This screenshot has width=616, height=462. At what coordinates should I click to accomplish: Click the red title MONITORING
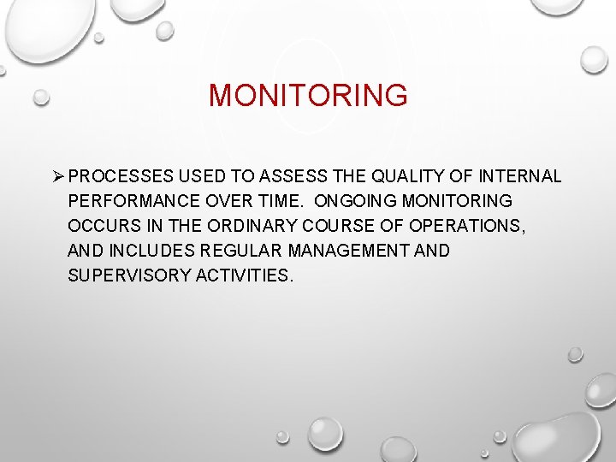click(308, 95)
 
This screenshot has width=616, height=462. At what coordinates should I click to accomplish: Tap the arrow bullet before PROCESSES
click(58, 177)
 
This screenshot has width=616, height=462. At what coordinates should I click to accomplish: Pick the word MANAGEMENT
click(351, 252)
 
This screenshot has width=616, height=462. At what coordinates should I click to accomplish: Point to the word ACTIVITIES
click(246, 276)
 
